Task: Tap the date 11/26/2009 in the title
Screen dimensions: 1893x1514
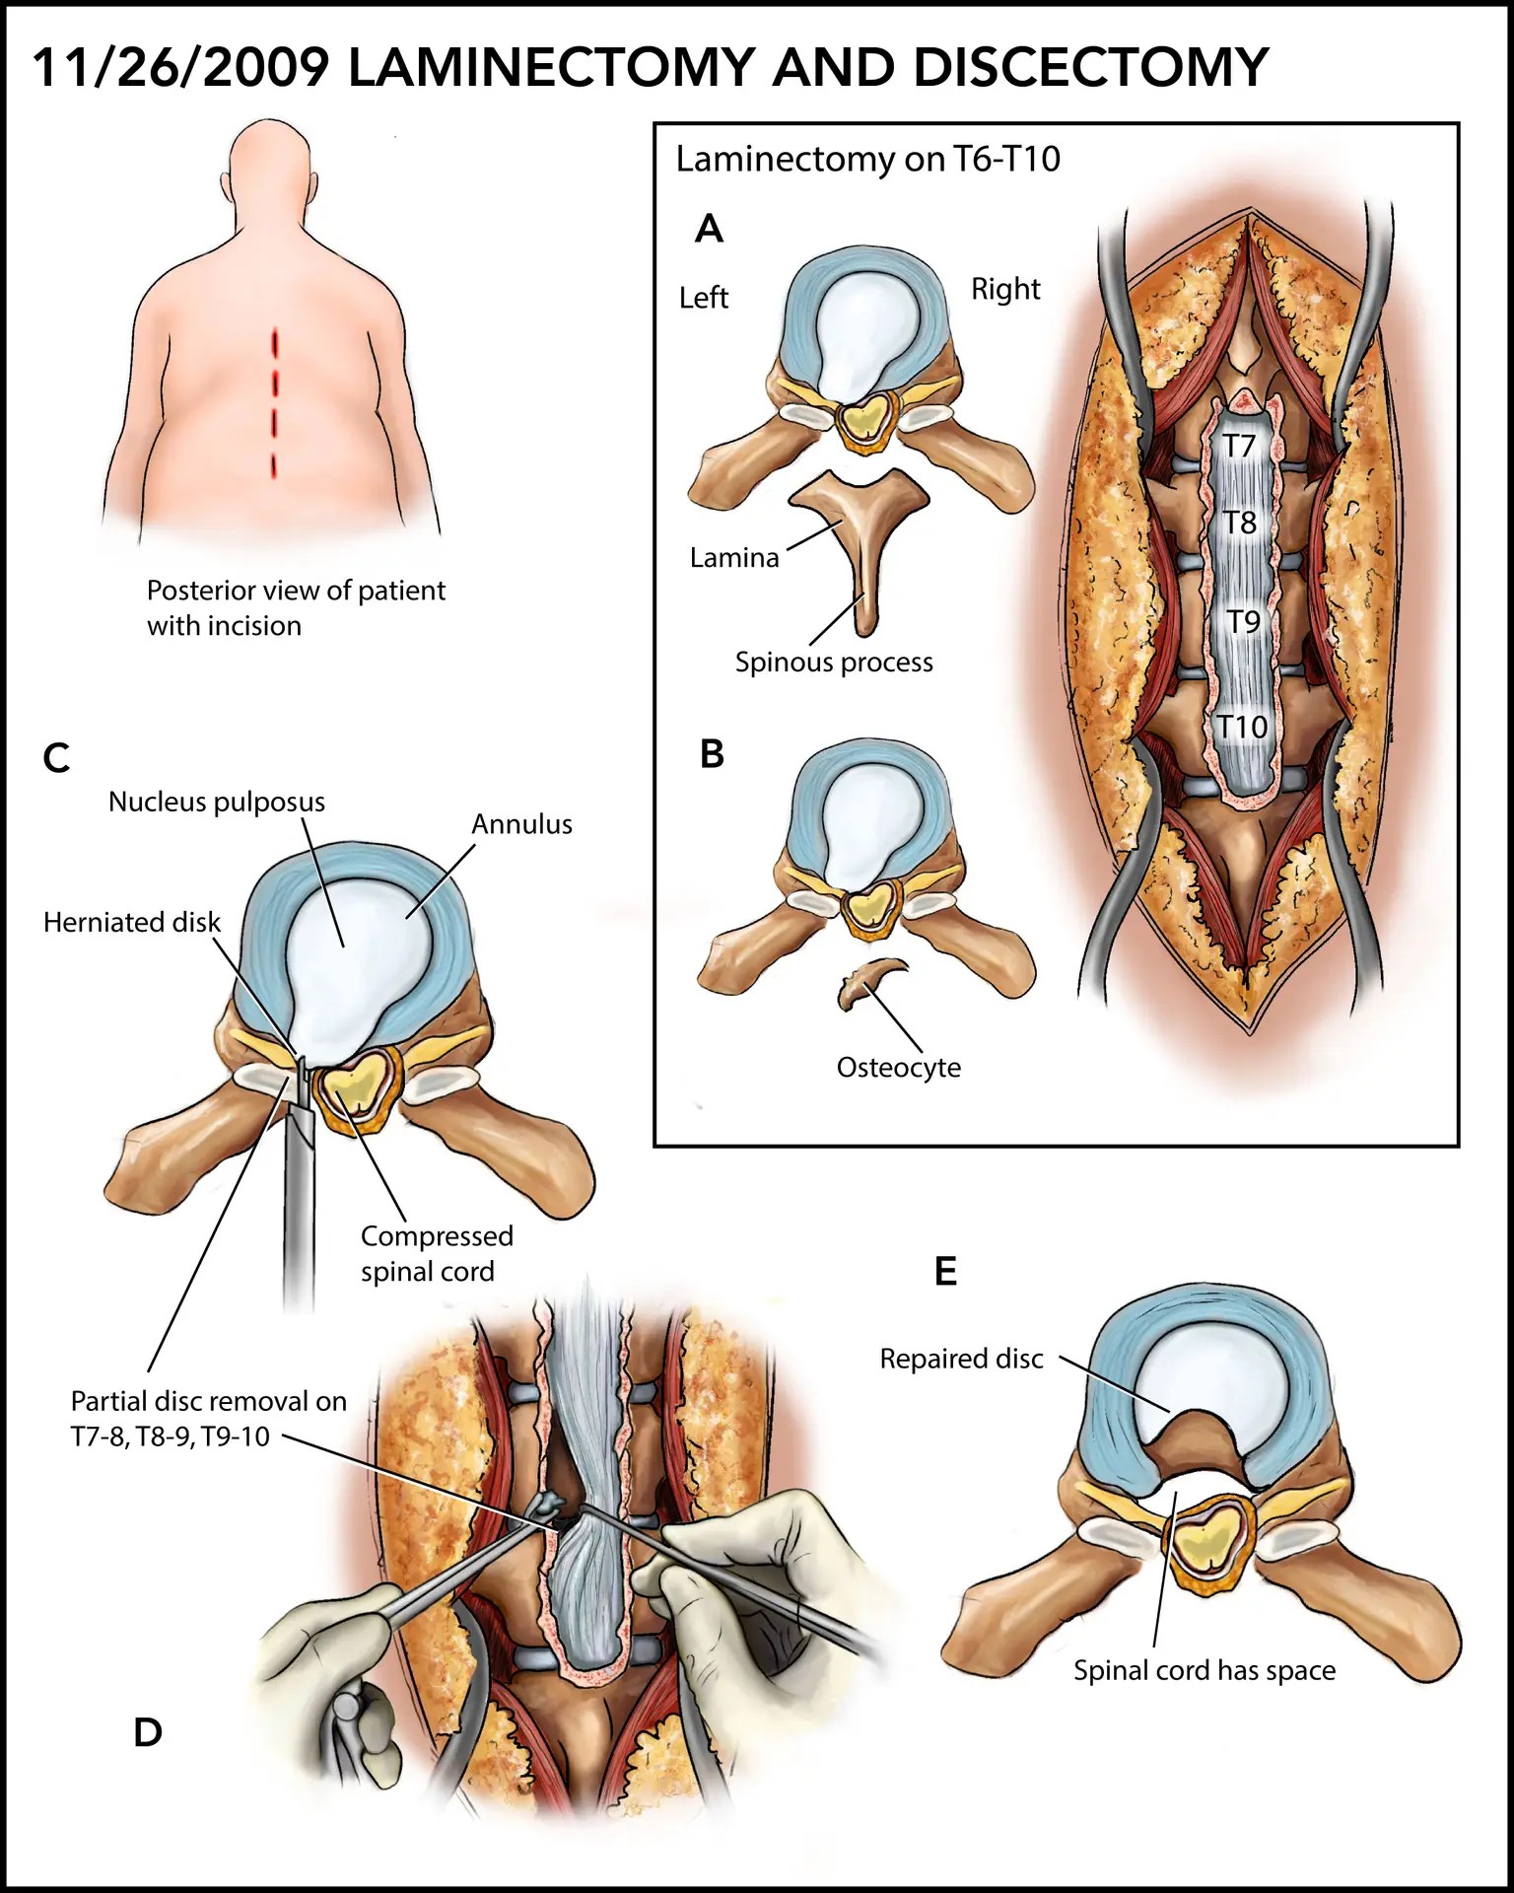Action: pos(181,69)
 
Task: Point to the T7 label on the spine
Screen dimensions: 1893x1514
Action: pos(1239,447)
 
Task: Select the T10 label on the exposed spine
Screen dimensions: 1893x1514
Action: pos(1241,728)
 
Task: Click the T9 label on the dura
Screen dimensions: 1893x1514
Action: pos(1243,622)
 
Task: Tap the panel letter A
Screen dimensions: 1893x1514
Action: pos(709,230)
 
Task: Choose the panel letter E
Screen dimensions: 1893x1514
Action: pos(945,1272)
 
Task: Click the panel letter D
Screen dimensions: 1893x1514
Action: pos(148,1732)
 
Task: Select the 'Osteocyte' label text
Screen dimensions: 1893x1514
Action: pos(898,1068)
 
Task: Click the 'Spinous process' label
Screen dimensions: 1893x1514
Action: pos(834,663)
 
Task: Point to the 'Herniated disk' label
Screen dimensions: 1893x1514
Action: pos(132,923)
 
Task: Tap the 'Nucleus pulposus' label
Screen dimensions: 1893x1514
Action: pos(217,803)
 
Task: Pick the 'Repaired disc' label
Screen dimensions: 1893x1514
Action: pos(961,1360)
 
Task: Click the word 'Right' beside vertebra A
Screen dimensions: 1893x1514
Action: pos(1005,290)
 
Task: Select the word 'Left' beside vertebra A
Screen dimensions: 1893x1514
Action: pos(704,298)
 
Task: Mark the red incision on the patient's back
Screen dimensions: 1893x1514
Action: pos(275,404)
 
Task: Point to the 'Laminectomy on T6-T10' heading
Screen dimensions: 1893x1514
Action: pos(867,160)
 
